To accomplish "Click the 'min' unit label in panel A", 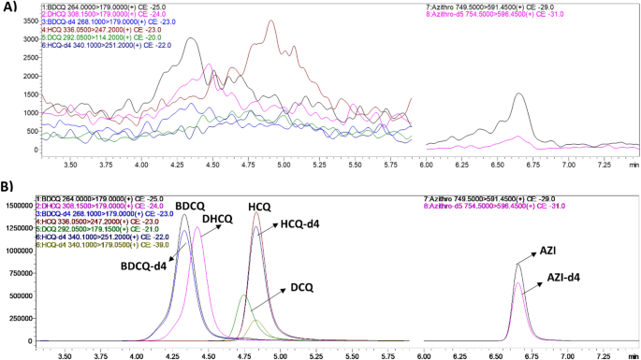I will point(634,164).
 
